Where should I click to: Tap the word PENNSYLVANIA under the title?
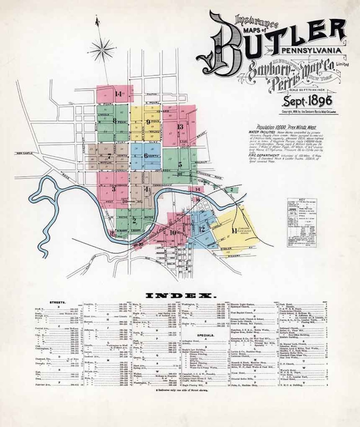click(x=312, y=51)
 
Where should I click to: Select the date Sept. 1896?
click(x=308, y=100)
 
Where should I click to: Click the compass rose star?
click(x=102, y=50)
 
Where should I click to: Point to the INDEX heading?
click(x=181, y=295)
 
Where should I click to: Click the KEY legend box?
click(x=302, y=222)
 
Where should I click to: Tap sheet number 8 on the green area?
click(x=115, y=121)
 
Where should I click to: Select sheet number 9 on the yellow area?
click(x=148, y=122)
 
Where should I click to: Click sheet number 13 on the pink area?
click(x=180, y=126)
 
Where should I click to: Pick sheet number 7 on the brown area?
click(x=109, y=156)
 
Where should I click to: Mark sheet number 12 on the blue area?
click(x=202, y=229)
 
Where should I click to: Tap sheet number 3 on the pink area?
click(x=114, y=189)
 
